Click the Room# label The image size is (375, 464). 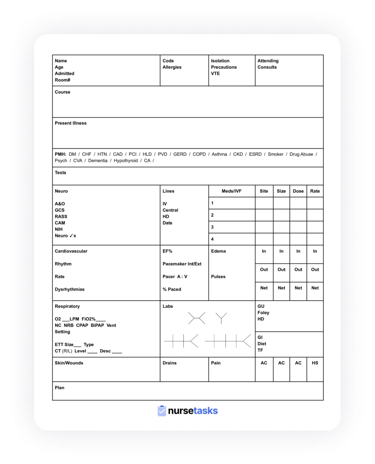(x=62, y=80)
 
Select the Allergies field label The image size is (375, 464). (x=172, y=67)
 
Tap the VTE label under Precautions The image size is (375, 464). (x=215, y=73)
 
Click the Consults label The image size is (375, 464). (x=267, y=67)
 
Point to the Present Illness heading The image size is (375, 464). (x=70, y=123)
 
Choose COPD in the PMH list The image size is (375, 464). (x=199, y=154)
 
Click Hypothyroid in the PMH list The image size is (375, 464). (x=125, y=161)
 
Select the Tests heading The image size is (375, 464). (x=61, y=173)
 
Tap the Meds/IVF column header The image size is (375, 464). (x=231, y=191)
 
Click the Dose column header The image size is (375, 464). (x=298, y=191)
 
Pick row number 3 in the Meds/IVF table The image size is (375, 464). (x=212, y=227)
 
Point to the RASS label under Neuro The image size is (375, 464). (x=61, y=217)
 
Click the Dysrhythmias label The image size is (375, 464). (x=69, y=289)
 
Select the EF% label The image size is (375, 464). (x=168, y=251)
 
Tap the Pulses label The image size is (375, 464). (x=218, y=277)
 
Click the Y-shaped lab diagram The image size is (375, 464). (x=221, y=318)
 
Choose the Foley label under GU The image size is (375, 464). (x=263, y=313)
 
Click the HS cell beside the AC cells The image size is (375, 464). (x=315, y=363)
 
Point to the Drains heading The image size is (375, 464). (x=170, y=363)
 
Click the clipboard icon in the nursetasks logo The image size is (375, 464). (x=162, y=411)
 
